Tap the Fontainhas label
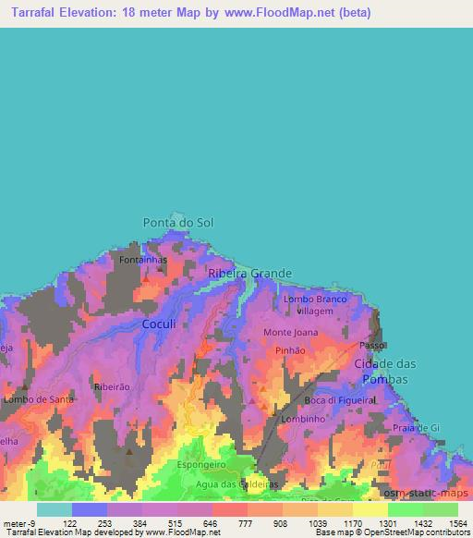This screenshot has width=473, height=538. (143, 262)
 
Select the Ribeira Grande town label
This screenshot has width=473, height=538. (249, 274)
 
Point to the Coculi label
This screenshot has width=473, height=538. (158, 324)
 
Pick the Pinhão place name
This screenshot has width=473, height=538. (291, 351)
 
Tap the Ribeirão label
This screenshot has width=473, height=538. (110, 386)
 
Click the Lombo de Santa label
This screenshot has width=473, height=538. (38, 399)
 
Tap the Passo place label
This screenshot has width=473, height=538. (371, 346)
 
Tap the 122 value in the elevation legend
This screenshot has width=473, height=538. (69, 523)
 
